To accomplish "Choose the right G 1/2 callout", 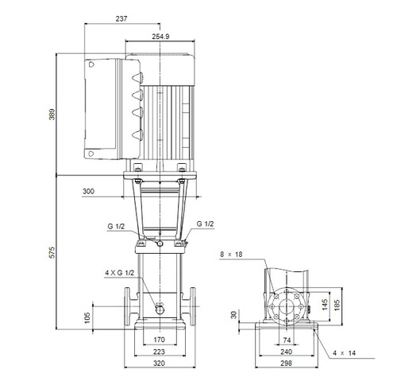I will pyautogui.click(x=205, y=224).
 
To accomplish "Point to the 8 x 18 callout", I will pyautogui.click(x=230, y=255).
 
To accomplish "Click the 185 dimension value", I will pyautogui.click(x=337, y=304).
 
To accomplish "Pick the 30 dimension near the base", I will pyautogui.click(x=233, y=316).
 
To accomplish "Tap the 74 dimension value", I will pyautogui.click(x=287, y=340).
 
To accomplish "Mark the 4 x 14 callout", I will pyautogui.click(x=345, y=352).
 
